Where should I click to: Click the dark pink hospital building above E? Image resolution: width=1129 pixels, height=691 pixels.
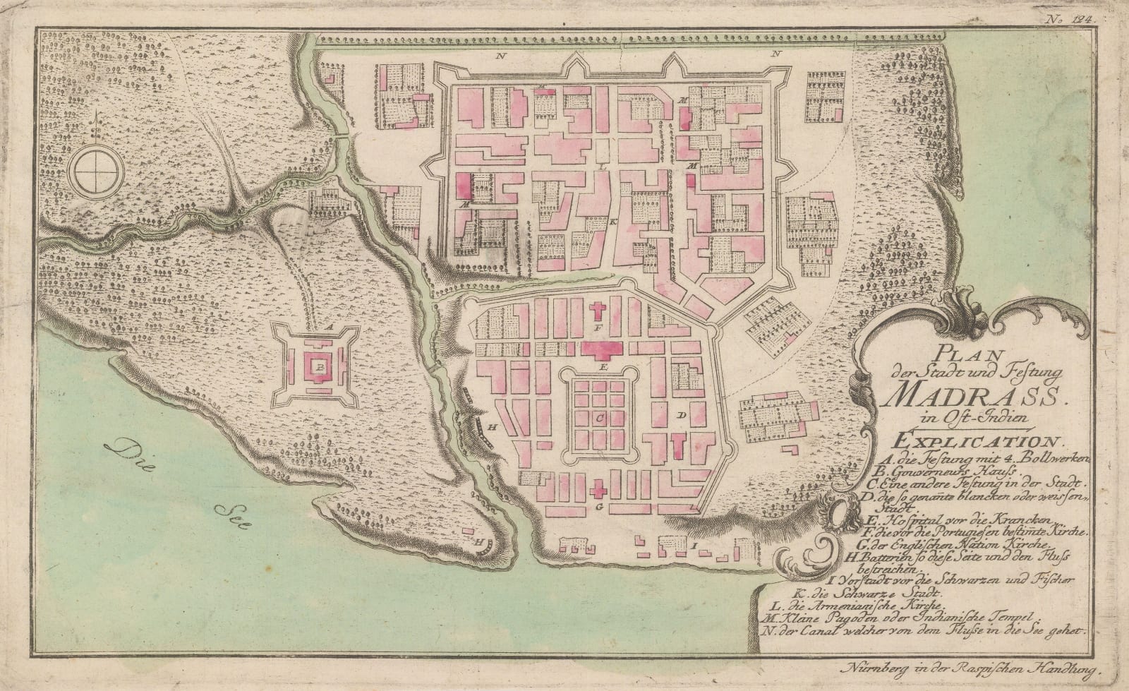[600, 349]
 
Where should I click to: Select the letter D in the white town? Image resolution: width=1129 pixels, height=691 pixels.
[682, 416]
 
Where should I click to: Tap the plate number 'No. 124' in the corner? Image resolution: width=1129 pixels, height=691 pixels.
[1075, 21]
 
